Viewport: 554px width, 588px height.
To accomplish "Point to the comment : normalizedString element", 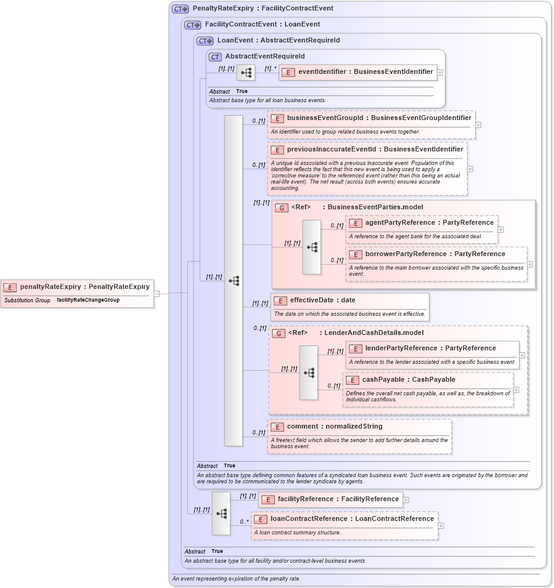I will (334, 427).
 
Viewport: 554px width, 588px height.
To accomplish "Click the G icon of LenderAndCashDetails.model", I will (279, 333).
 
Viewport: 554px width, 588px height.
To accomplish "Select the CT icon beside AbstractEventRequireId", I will (215, 57).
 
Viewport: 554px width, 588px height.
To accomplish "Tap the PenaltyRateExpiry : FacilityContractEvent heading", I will (263, 9).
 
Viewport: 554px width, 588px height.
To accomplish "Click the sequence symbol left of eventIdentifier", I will (246, 73).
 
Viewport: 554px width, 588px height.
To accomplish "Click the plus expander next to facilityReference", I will (406, 500).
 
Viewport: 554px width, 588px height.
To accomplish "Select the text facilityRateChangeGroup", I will (88, 300).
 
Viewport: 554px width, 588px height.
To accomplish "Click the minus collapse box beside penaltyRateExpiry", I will (157, 294).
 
